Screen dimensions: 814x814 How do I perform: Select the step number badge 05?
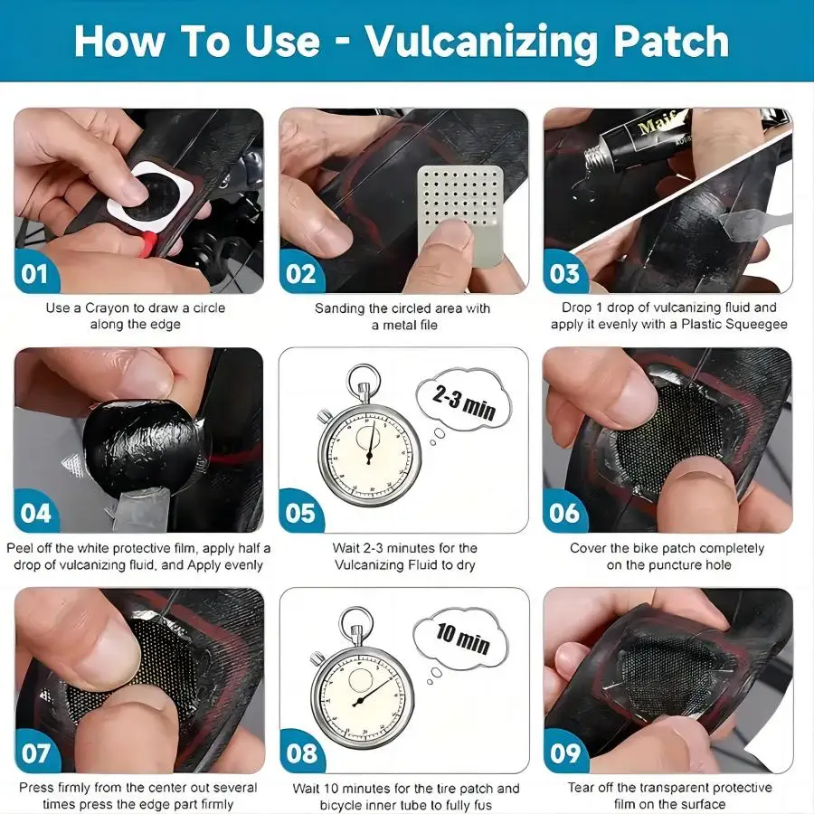300,513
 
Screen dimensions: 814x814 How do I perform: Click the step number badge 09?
565,752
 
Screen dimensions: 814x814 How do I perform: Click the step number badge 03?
565,273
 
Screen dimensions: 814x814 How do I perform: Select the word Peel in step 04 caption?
22,548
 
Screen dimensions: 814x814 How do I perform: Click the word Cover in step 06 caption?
589,548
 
